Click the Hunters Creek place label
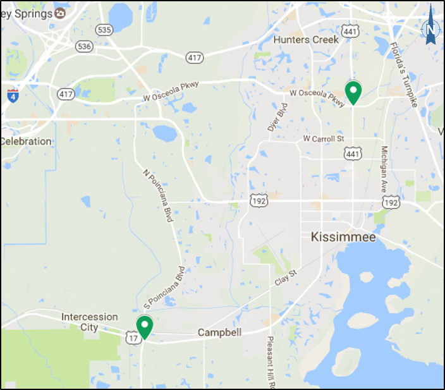point(306,40)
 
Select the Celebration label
point(26,141)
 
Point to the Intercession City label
point(89,322)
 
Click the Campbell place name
point(219,332)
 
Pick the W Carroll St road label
point(323,138)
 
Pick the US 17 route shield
point(133,339)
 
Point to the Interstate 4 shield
point(13,95)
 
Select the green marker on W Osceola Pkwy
point(353,92)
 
